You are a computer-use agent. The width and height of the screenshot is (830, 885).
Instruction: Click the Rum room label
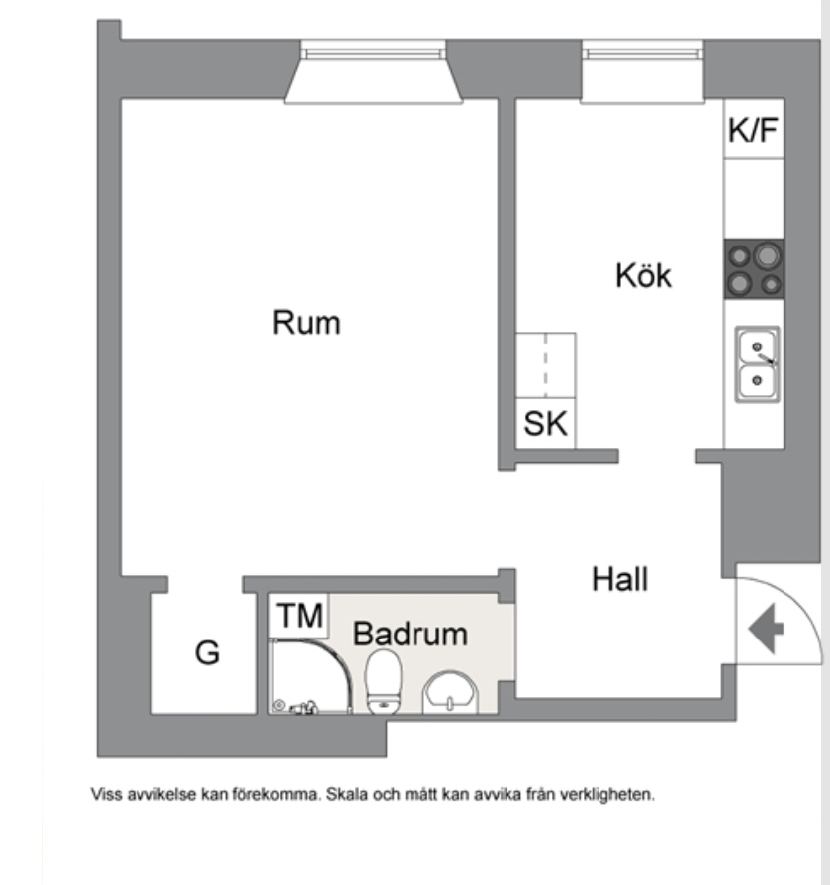point(306,323)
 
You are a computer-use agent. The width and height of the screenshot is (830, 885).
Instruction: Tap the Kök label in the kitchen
point(643,275)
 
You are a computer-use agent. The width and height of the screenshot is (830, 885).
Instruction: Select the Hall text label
point(619,579)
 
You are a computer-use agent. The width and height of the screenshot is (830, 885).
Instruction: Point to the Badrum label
point(411,634)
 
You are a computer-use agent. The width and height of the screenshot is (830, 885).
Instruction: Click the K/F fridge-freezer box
point(754,129)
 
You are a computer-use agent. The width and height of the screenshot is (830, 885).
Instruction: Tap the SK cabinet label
point(545,424)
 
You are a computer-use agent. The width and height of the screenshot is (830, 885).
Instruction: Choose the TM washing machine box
point(299,615)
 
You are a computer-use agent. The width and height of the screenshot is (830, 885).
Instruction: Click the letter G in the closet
point(207,652)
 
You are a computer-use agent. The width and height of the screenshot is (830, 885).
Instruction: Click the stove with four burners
point(755,268)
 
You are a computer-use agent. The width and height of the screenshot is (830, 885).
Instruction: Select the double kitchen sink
point(757,364)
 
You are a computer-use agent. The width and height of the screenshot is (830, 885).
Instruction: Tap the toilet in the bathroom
point(384,682)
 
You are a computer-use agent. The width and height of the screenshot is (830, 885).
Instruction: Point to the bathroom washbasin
point(450,693)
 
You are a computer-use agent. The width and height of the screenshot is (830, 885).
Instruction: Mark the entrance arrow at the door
point(767,629)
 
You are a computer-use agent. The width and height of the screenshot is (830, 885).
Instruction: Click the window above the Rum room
point(373,71)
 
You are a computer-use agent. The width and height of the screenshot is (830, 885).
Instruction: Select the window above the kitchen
point(643,71)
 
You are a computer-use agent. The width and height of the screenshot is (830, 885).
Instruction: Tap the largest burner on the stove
point(767,255)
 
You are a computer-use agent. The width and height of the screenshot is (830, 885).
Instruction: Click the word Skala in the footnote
point(348,794)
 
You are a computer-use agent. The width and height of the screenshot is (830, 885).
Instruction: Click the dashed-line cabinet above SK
point(546,365)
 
